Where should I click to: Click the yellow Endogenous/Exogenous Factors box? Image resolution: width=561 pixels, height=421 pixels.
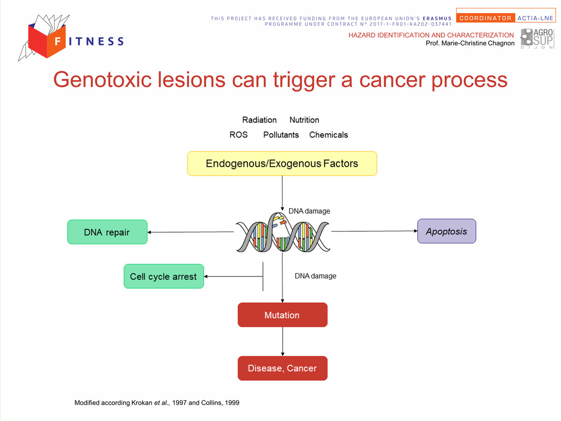pyautogui.click(x=282, y=163)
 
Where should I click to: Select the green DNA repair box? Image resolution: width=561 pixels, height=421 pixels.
pyautogui.click(x=108, y=232)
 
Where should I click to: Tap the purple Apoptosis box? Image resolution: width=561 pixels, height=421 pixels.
pyautogui.click(x=446, y=231)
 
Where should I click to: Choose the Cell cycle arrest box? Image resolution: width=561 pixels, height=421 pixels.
pyautogui.click(x=164, y=276)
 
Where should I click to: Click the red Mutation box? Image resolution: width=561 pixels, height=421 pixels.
pyautogui.click(x=282, y=315)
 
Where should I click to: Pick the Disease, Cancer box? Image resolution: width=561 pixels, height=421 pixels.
pyautogui.click(x=282, y=368)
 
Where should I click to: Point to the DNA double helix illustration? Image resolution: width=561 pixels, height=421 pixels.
pyautogui.click(x=283, y=232)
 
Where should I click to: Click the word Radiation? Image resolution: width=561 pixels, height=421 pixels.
pyautogui.click(x=259, y=120)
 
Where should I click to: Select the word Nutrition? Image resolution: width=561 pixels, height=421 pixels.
pyautogui.click(x=304, y=120)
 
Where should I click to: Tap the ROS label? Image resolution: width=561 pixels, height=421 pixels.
pyautogui.click(x=238, y=135)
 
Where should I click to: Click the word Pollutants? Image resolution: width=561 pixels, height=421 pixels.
pyautogui.click(x=281, y=135)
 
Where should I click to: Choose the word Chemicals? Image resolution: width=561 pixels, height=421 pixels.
pyautogui.click(x=329, y=135)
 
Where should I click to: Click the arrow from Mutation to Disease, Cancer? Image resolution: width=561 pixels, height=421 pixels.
pyautogui.click(x=282, y=341)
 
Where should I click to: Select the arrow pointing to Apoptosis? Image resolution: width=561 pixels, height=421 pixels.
pyautogui.click(x=374, y=231)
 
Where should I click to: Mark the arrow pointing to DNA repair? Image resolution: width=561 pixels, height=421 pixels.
pyautogui.click(x=191, y=232)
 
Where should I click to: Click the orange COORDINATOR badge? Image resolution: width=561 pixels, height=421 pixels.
pyautogui.click(x=485, y=18)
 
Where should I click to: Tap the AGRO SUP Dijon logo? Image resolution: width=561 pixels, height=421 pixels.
pyautogui.click(x=537, y=38)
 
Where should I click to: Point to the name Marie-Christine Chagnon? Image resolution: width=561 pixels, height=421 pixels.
pyautogui.click(x=478, y=43)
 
